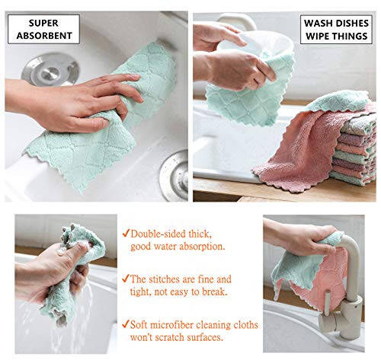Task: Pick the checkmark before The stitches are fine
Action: coord(126,279)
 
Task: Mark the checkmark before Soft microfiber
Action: coord(126,324)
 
